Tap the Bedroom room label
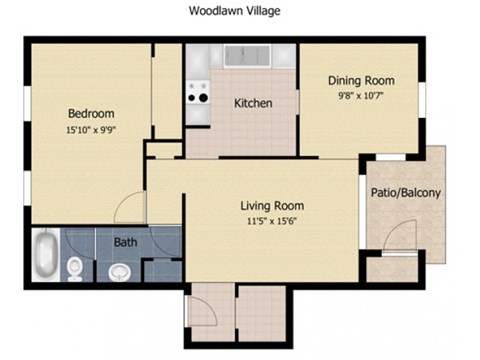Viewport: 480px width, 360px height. pyautogui.click(x=91, y=113)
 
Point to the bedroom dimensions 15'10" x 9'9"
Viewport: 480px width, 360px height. pyautogui.click(x=91, y=131)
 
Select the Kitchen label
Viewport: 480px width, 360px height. pyautogui.click(x=253, y=103)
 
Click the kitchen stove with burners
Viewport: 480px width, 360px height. pyautogui.click(x=197, y=93)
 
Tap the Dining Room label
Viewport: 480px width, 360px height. pyautogui.click(x=362, y=80)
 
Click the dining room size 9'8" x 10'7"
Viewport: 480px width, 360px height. pyautogui.click(x=362, y=97)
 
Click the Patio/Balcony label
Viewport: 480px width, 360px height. pyautogui.click(x=407, y=192)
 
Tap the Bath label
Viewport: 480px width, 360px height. pyautogui.click(x=125, y=242)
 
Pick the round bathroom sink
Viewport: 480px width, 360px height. pyautogui.click(x=119, y=269)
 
